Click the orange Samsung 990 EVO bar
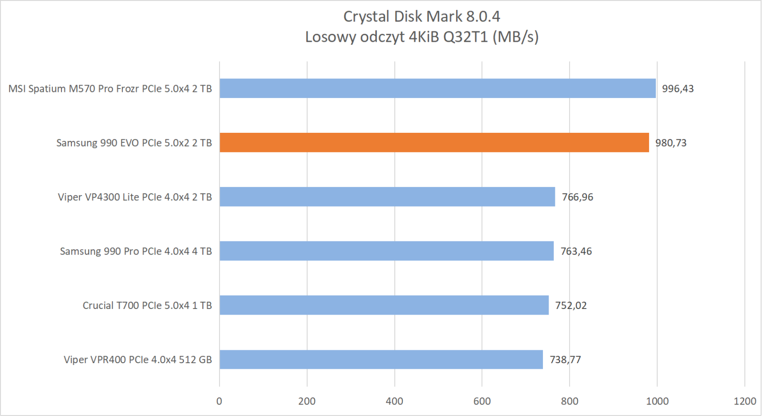434,143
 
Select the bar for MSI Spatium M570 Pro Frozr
437,89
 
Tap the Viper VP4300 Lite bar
387,197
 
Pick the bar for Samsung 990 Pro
386,251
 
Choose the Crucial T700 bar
384,306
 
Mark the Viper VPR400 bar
381,360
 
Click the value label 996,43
678,89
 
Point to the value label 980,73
671,143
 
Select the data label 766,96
577,197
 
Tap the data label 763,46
576,251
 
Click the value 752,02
571,306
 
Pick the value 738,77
565,360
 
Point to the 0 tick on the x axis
219,401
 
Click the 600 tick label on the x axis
482,401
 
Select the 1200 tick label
745,401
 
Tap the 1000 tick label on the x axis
657,401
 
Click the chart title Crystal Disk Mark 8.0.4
421,17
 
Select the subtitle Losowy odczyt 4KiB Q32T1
421,37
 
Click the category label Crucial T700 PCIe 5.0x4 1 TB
147,306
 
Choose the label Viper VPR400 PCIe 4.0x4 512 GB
138,360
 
